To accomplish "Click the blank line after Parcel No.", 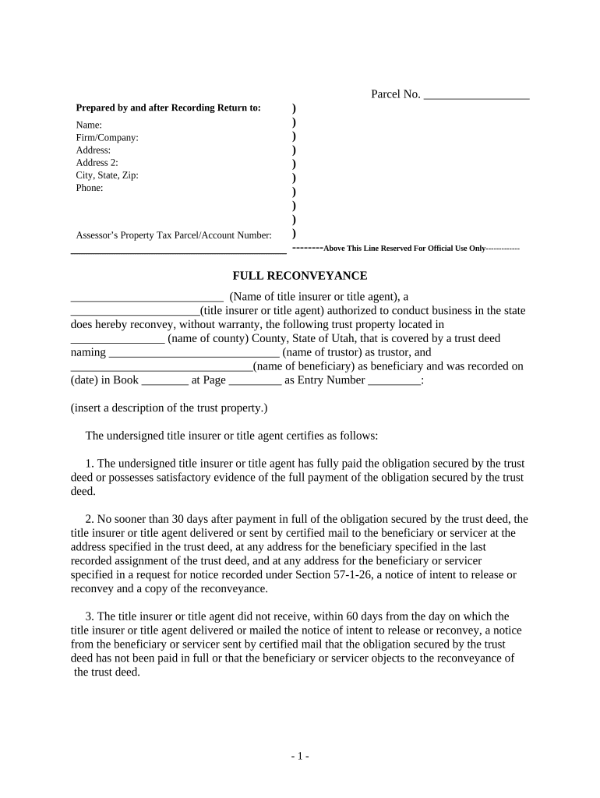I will (476, 96).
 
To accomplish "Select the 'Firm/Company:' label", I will (107, 138).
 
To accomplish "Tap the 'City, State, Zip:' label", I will (107, 175).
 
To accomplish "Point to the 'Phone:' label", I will (89, 188).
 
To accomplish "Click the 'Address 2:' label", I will (97, 163).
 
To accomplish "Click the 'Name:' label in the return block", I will (88, 125).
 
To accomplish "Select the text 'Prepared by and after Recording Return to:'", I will (168, 108).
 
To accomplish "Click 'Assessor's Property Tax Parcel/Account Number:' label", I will (174, 235).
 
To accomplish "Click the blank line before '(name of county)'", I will (117, 339).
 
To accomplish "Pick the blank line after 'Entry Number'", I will (394, 381).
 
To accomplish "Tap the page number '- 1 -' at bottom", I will (300, 757).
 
